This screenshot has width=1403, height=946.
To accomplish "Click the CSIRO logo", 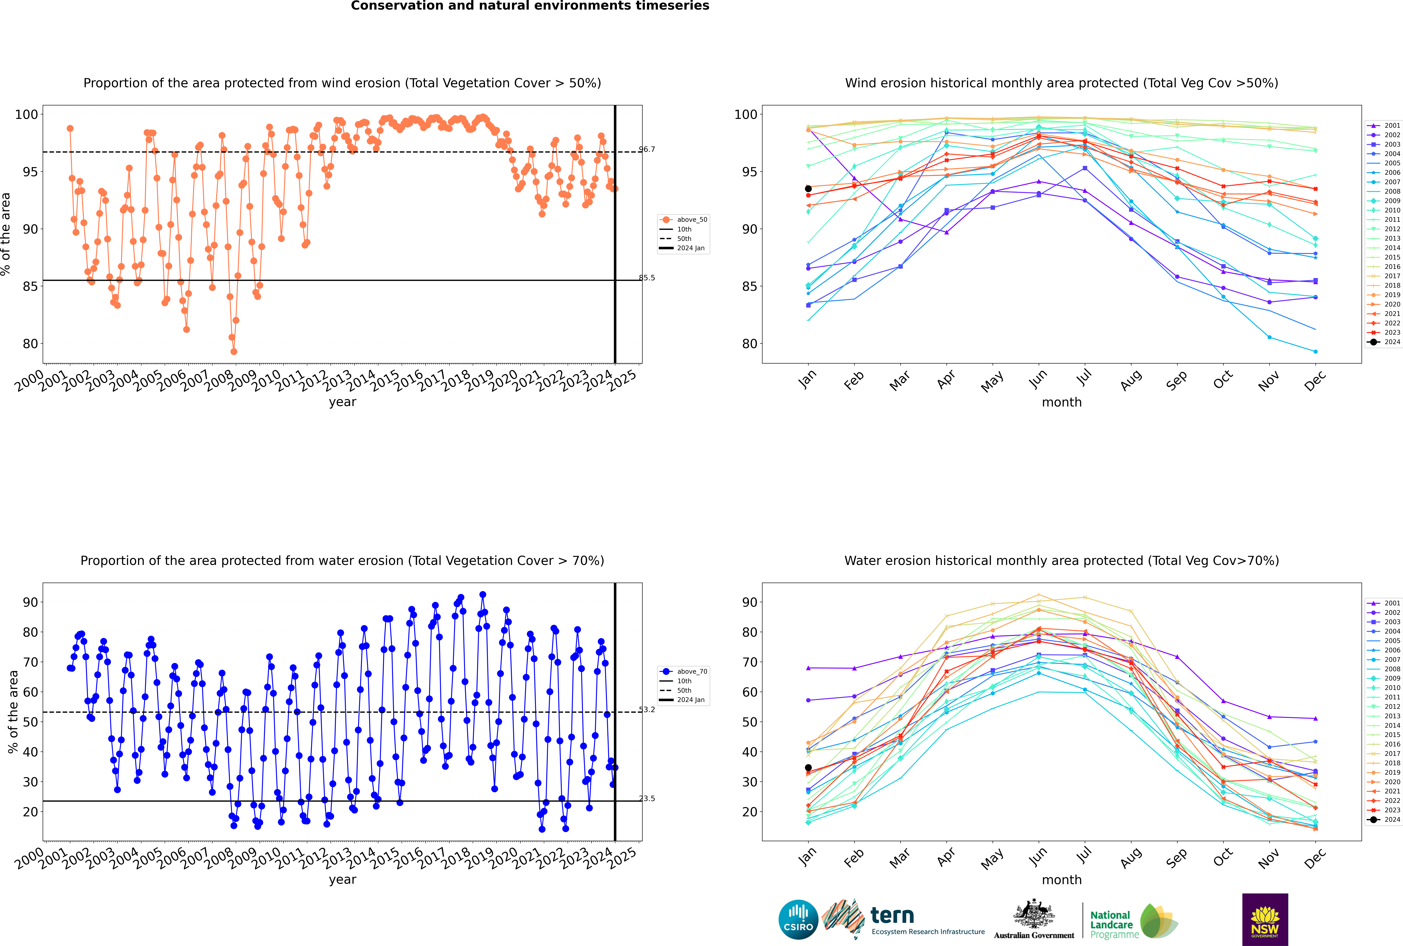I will [x=798, y=919].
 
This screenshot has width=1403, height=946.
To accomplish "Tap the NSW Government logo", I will [x=1265, y=919].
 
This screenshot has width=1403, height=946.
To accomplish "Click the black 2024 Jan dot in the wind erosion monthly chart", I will [x=808, y=189].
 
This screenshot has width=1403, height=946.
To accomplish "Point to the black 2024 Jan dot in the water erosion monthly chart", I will [x=808, y=768].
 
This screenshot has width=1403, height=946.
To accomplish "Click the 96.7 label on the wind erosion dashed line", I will [x=647, y=150].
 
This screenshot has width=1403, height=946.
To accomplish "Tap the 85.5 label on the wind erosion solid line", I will [x=647, y=278].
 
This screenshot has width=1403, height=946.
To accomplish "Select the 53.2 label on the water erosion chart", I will [x=647, y=709].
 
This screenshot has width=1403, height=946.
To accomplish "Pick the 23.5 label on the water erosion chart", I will [x=647, y=799].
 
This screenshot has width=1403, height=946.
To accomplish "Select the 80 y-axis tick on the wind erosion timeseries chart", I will [x=30, y=344].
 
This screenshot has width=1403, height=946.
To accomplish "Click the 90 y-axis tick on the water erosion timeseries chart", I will [x=30, y=602].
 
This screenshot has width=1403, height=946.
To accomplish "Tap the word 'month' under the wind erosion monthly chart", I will [x=1062, y=402].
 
